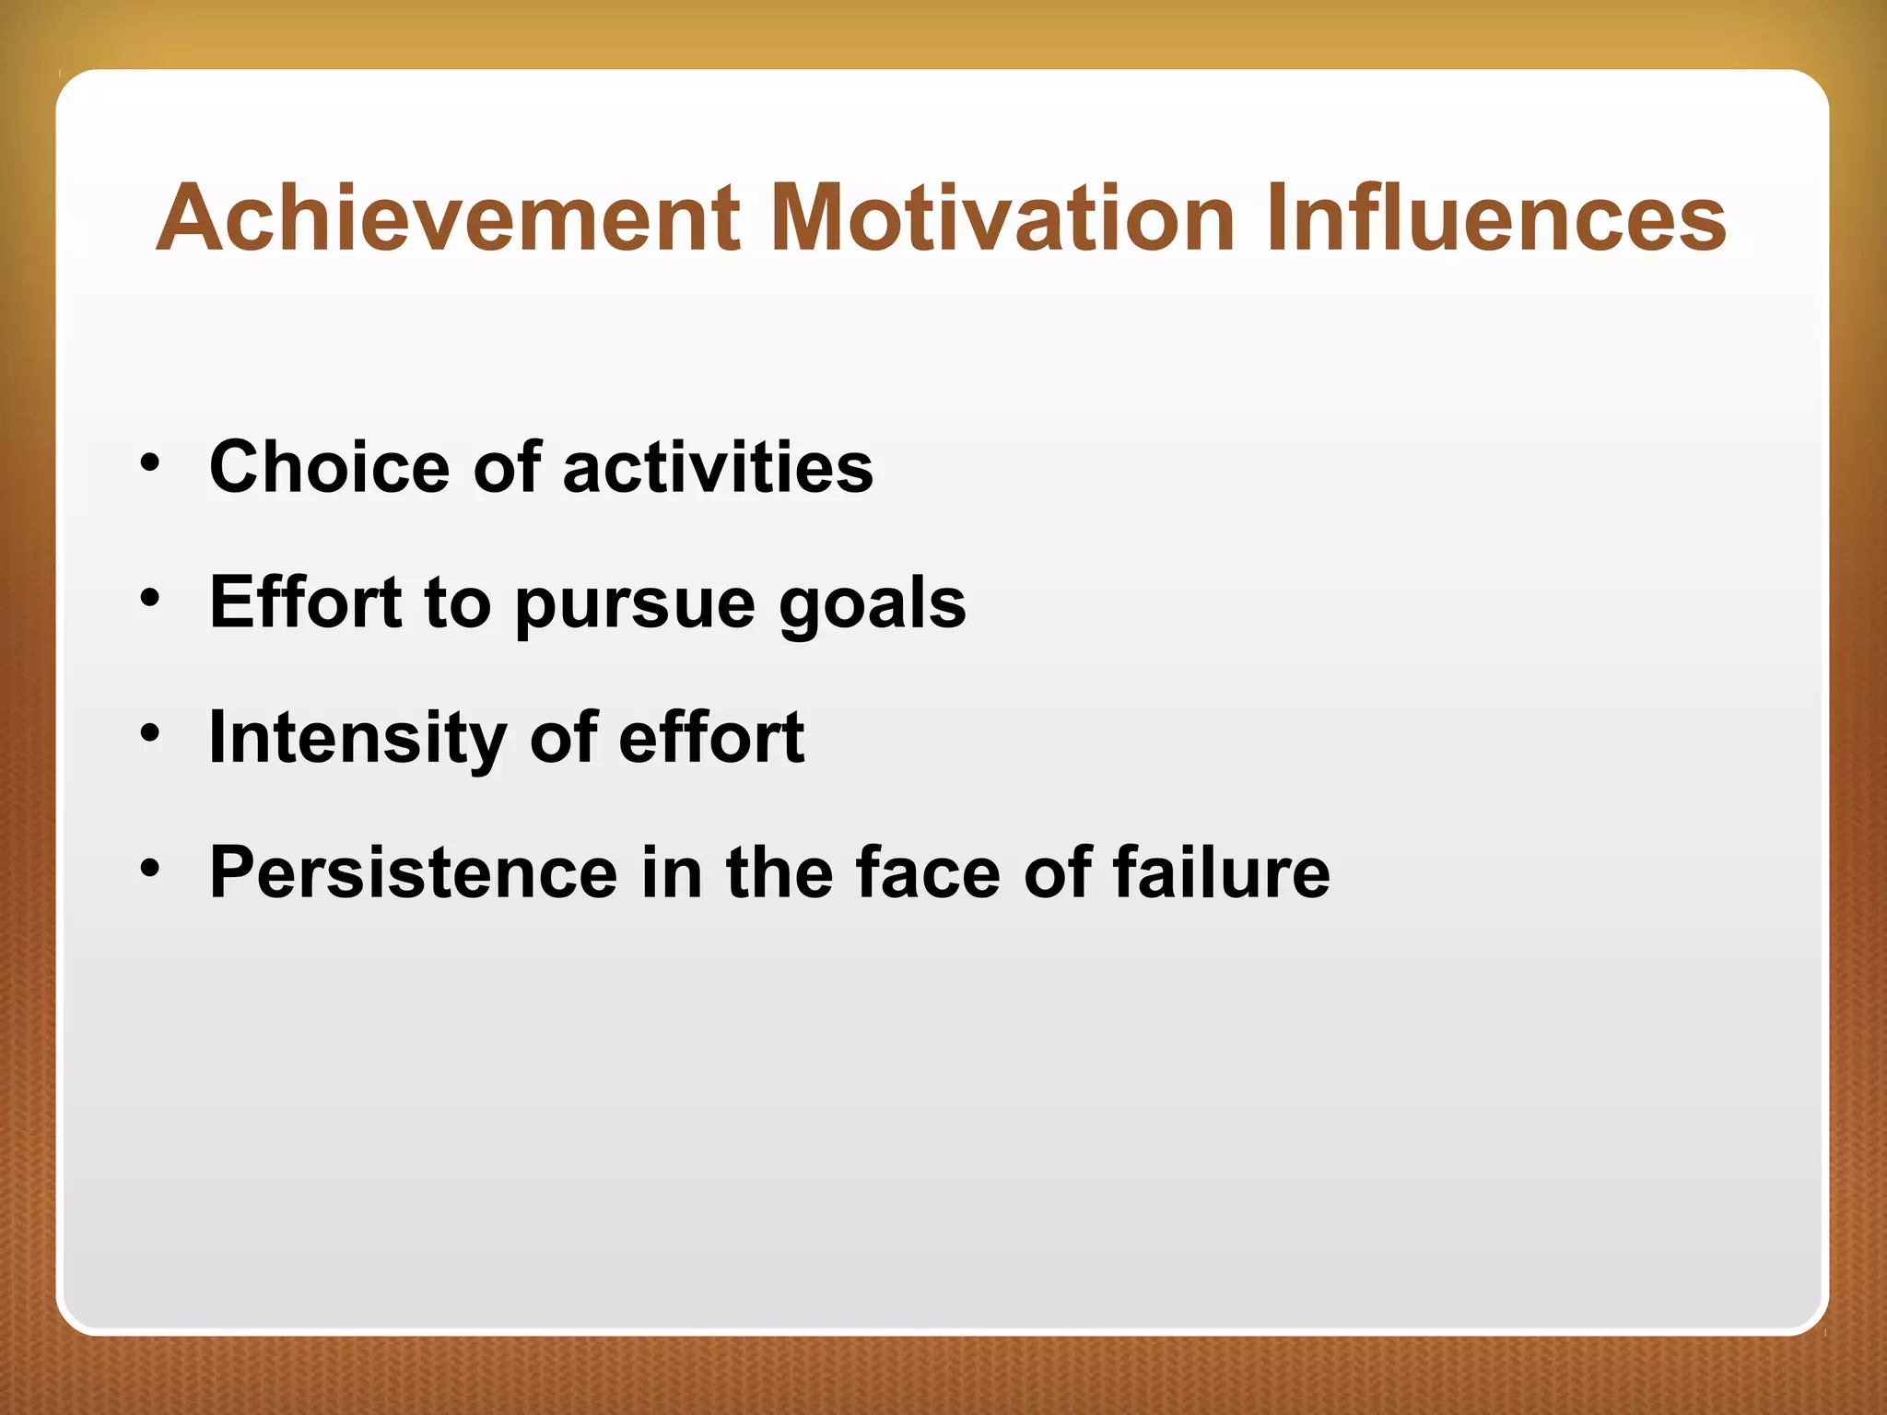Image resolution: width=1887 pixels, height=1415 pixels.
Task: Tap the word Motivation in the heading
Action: coord(1002,218)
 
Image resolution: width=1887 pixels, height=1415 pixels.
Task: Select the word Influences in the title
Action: coord(1495,218)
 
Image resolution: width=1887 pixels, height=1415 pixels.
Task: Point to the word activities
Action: coord(718,467)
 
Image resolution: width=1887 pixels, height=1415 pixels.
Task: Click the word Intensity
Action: coord(357,739)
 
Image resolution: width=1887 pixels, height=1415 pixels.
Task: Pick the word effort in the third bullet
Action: coord(711,738)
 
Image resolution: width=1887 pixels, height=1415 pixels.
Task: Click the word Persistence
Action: coord(414,872)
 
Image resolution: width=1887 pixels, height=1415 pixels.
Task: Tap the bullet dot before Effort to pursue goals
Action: coord(150,598)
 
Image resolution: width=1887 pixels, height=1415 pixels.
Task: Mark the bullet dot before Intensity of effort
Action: coord(150,733)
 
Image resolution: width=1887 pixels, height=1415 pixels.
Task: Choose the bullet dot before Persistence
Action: coord(150,868)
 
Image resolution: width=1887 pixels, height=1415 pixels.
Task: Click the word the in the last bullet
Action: coord(779,872)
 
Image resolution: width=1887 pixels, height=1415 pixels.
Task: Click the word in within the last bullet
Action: coord(672,872)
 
